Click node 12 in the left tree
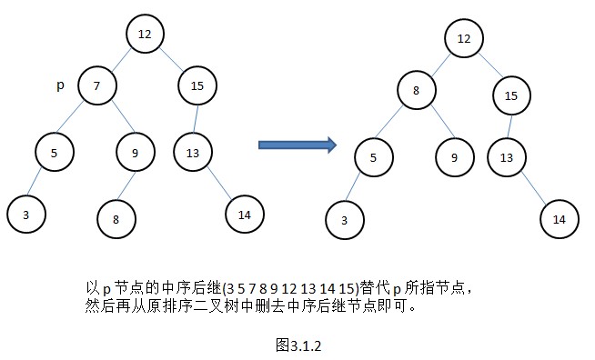145,35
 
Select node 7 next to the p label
97,85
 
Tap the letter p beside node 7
60,85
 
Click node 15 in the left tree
197,85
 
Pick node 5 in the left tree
55,153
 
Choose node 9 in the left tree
135,153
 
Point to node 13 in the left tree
193,153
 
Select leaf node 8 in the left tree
116,218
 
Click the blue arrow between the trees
297,145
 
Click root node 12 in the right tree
464,39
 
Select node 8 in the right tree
416,91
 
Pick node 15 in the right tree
512,95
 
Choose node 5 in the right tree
373,157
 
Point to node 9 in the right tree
454,157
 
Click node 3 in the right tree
345,220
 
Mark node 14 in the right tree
559,219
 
